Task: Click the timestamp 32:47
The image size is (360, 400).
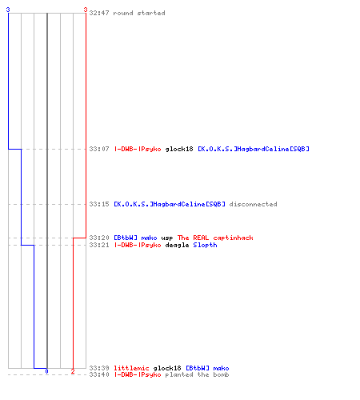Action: tap(99, 13)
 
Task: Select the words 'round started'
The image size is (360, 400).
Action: tap(139, 13)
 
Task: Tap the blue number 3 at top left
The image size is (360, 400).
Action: tap(8, 10)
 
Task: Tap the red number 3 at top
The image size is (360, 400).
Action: tap(86, 10)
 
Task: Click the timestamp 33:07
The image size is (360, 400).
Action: tap(99, 149)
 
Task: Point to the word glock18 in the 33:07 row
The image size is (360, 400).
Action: tap(179, 149)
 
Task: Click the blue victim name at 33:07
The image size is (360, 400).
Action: tap(254, 149)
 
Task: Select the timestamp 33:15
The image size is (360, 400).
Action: tap(99, 204)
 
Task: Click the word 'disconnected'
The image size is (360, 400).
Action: tap(253, 204)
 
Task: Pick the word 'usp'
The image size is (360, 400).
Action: tap(167, 238)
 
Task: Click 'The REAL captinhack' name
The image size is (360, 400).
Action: tap(215, 238)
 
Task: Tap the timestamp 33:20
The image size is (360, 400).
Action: tap(99, 238)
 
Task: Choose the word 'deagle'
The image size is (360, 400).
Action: tap(177, 245)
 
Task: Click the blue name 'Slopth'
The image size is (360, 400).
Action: tap(205, 245)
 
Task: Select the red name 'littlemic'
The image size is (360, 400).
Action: tap(131, 368)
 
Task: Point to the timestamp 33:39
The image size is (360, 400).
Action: tap(99, 368)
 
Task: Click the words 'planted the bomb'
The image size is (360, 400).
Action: tap(197, 374)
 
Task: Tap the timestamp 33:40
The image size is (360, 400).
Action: tap(99, 374)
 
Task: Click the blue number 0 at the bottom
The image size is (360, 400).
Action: tap(46, 371)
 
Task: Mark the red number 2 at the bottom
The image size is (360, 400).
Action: tap(73, 371)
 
